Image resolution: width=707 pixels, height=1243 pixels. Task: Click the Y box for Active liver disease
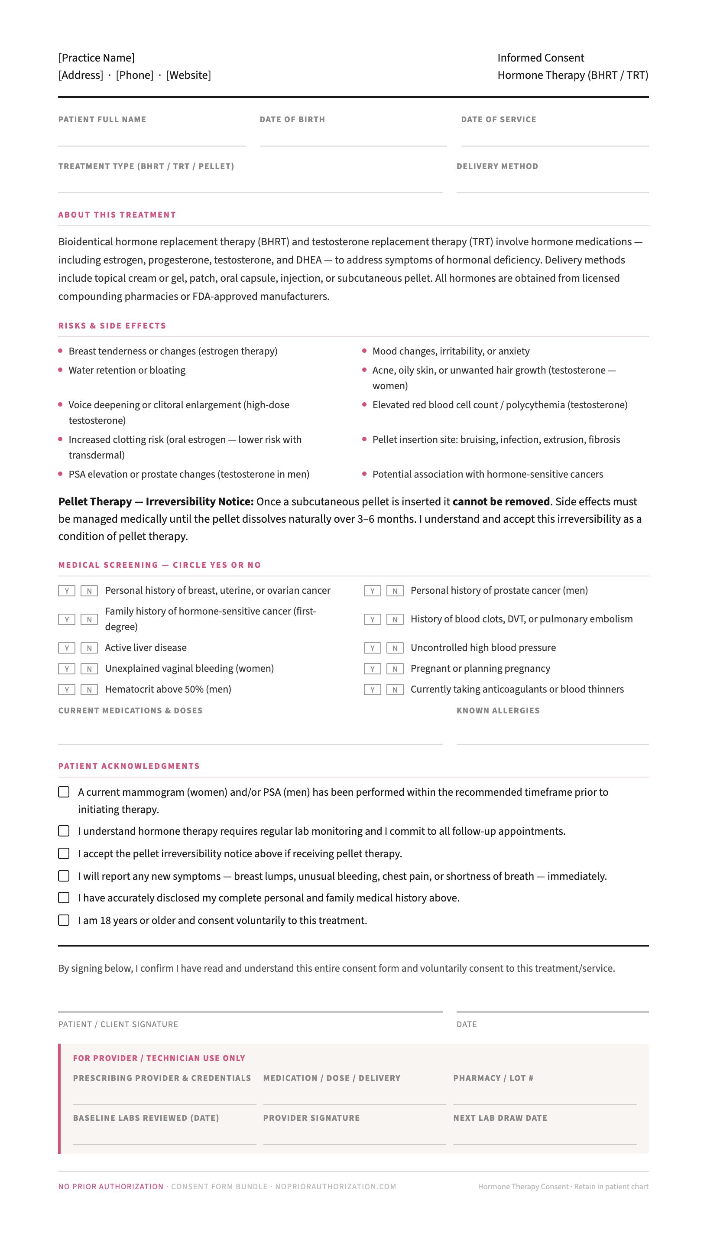(67, 648)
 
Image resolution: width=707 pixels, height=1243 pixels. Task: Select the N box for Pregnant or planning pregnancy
(395, 669)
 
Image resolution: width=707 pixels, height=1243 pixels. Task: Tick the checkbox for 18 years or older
(64, 920)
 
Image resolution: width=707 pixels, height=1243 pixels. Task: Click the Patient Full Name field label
(102, 120)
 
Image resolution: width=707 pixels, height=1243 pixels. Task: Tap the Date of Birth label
(292, 120)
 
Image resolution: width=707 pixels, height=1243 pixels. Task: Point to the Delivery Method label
(497, 166)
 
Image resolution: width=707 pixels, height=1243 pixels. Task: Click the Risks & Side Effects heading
(112, 325)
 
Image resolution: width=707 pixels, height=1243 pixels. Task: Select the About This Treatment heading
(117, 215)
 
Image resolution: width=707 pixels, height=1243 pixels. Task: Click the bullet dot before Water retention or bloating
(60, 370)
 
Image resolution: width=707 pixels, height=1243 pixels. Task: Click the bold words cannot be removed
(501, 501)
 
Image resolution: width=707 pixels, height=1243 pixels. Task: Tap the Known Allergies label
(498, 710)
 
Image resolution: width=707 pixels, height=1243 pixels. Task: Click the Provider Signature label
(311, 1118)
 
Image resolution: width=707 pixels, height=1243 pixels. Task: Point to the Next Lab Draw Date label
(500, 1118)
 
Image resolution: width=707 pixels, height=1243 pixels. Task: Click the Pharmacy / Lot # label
(493, 1078)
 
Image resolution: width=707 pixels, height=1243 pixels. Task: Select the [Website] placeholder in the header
(188, 75)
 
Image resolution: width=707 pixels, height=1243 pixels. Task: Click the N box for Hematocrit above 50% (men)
(89, 690)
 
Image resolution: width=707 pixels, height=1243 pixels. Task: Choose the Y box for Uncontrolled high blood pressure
(373, 648)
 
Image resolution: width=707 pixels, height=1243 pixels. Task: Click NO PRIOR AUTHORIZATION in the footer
(111, 1186)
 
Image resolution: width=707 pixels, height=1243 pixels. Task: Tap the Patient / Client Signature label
(118, 1024)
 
